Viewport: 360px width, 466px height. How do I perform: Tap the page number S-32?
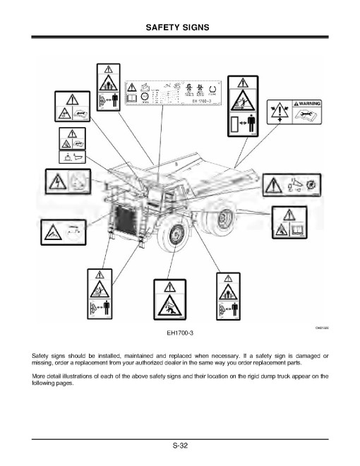(179, 445)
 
